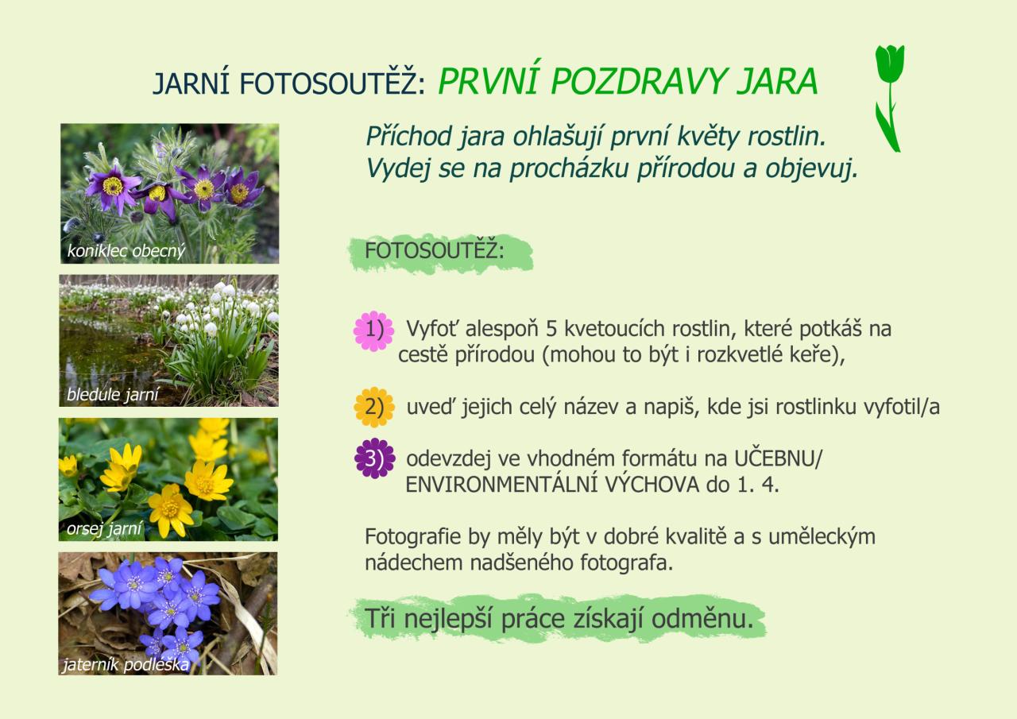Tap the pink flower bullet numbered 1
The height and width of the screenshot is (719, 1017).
point(373,331)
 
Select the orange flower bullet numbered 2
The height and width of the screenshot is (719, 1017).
point(374,407)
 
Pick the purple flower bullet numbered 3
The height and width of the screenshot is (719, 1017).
point(374,458)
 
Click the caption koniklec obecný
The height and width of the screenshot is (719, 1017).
point(126,250)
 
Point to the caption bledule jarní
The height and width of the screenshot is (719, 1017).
point(113,394)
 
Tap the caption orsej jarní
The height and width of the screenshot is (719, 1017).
point(104,528)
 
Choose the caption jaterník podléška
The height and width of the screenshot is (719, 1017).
point(126,664)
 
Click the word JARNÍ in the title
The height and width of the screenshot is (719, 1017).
point(191,83)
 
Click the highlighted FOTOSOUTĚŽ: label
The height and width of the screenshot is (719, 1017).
point(435,250)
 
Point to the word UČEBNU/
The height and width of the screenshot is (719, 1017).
point(778,458)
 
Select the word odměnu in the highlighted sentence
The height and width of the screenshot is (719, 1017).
point(702,619)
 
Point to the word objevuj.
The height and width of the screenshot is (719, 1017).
point(812,169)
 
